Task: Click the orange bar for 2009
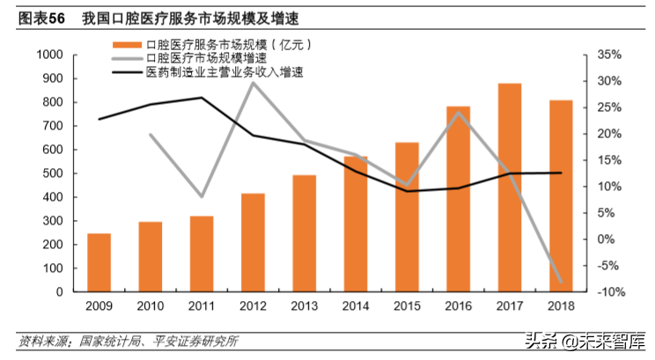pyautogui.click(x=99, y=262)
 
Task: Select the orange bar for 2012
pyautogui.click(x=254, y=242)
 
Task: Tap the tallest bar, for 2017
pyautogui.click(x=510, y=187)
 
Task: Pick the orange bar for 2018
pyautogui.click(x=561, y=195)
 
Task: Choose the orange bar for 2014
pyautogui.click(x=356, y=224)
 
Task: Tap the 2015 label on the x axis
pyautogui.click(x=407, y=305)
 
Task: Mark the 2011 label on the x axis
pyautogui.click(x=202, y=305)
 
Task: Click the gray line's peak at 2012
pyautogui.click(x=254, y=83)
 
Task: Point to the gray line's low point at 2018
pyautogui.click(x=561, y=283)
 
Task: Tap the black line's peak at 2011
pyautogui.click(x=202, y=98)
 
